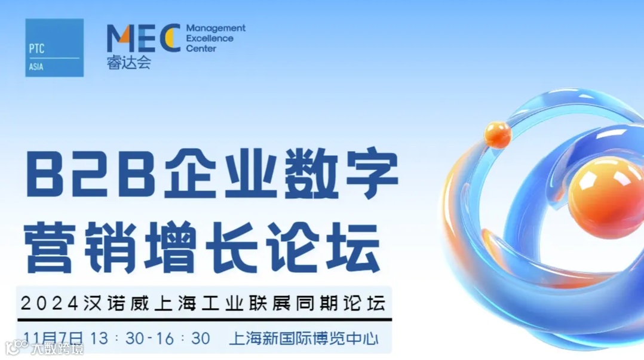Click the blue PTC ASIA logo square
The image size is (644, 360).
[54, 48]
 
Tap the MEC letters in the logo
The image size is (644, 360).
[143, 38]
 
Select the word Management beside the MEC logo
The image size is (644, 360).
[216, 29]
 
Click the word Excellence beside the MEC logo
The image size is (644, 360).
[210, 39]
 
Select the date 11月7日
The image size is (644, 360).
[54, 339]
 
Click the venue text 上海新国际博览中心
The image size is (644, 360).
[303, 339]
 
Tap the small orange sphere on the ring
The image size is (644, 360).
[498, 134]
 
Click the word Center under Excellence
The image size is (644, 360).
[201, 48]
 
